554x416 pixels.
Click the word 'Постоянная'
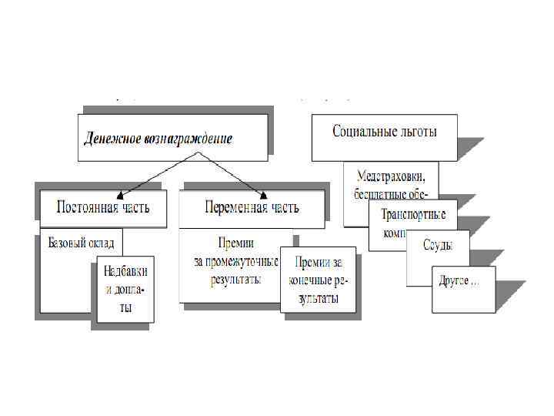pyautogui.click(x=88, y=207)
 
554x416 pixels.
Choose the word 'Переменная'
pyautogui.click(x=235, y=207)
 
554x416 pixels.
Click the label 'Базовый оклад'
pyautogui.click(x=80, y=243)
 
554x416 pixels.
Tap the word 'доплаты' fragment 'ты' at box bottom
pyautogui.click(x=125, y=307)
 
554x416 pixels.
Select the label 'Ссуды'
pyautogui.click(x=437, y=245)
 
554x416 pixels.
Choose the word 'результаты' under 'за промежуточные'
pyautogui.click(x=235, y=278)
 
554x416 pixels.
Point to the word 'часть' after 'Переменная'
pyautogui.click(x=282, y=207)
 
